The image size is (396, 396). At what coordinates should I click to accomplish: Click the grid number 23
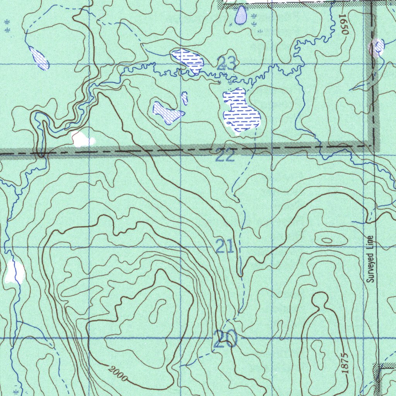click(227, 63)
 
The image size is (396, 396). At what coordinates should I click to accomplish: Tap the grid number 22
click(225, 156)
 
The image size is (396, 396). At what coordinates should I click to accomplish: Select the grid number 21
click(225, 246)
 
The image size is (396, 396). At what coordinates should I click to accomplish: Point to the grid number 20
click(225, 339)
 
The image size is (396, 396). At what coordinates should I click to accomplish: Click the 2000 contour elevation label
click(117, 374)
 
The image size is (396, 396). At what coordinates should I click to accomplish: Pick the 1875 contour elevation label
click(345, 362)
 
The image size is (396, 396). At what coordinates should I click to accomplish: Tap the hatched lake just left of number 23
click(188, 60)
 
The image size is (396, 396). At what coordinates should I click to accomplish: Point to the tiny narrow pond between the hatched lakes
click(185, 98)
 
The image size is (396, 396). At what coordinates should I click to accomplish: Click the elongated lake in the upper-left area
click(39, 58)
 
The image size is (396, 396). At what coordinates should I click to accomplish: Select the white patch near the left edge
click(15, 272)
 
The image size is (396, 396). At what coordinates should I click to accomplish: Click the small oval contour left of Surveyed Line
click(327, 240)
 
